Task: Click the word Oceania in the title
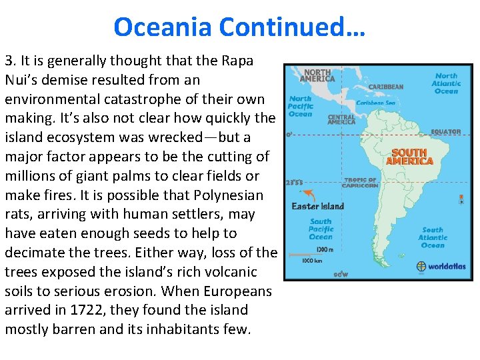pyautogui.click(x=162, y=27)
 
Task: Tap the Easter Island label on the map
pyautogui.click(x=318, y=206)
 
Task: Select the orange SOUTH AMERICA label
pyautogui.click(x=410, y=157)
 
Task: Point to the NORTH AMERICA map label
pyautogui.click(x=317, y=75)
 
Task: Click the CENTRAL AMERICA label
pyautogui.click(x=341, y=119)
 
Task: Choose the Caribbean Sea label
pyautogui.click(x=375, y=103)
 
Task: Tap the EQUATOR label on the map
pyautogui.click(x=445, y=132)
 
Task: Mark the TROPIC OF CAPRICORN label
pyautogui.click(x=361, y=182)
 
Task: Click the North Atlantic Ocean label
pyautogui.click(x=446, y=83)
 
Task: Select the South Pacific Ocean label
pyautogui.click(x=321, y=229)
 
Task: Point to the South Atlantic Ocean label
pyautogui.click(x=433, y=237)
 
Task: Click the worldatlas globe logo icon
pyautogui.click(x=421, y=266)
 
